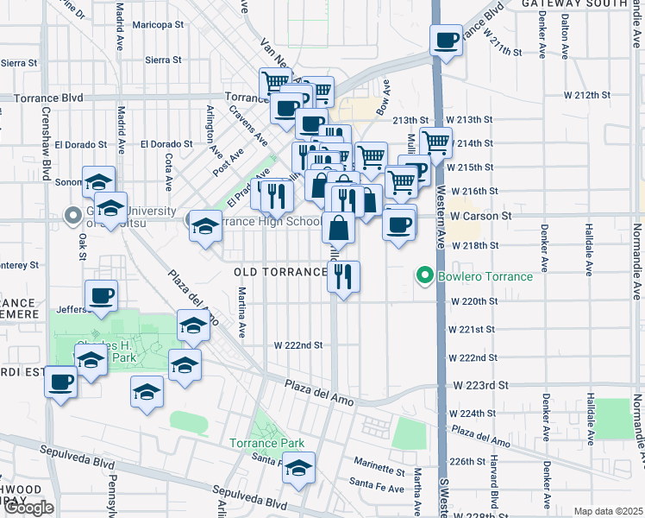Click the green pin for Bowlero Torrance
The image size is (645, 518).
(424, 276)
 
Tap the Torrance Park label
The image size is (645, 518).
(267, 444)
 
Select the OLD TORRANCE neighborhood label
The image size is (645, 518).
(280, 272)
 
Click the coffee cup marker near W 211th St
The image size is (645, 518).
(447, 40)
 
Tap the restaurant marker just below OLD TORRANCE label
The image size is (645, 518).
(343, 277)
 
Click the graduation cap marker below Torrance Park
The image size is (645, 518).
(298, 469)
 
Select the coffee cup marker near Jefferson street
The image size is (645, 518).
(101, 296)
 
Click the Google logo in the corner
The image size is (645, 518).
(28, 507)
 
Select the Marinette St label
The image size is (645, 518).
(377, 471)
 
